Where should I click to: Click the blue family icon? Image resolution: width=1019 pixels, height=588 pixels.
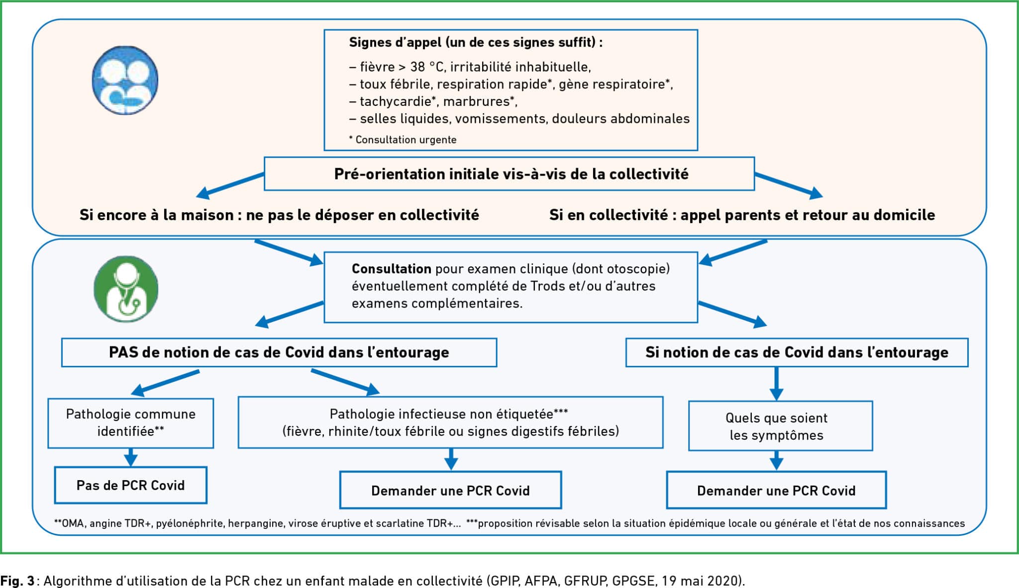coord(125,80)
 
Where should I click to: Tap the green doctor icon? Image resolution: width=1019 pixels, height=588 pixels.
coord(126,289)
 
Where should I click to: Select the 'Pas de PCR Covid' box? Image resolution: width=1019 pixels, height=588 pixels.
coord(130,485)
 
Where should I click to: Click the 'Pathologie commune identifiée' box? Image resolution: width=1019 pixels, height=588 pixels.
coord(131,423)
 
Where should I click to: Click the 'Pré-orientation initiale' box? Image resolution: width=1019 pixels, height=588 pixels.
coord(509,174)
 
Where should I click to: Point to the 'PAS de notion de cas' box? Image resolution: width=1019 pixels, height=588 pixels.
coord(279,352)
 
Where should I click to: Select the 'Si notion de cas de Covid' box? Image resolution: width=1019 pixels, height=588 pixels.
coord(797,352)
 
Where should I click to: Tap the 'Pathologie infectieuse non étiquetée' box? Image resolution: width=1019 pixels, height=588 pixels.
coord(450,422)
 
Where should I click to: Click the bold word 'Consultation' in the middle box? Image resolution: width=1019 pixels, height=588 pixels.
coord(392,269)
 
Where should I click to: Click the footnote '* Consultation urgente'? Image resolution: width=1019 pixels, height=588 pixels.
coord(403,140)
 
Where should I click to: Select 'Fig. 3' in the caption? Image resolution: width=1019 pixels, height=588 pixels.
coord(17,581)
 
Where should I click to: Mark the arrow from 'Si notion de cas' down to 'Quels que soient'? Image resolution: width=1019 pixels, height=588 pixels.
coord(776,384)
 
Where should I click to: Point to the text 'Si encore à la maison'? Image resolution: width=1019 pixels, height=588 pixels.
coord(157,215)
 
